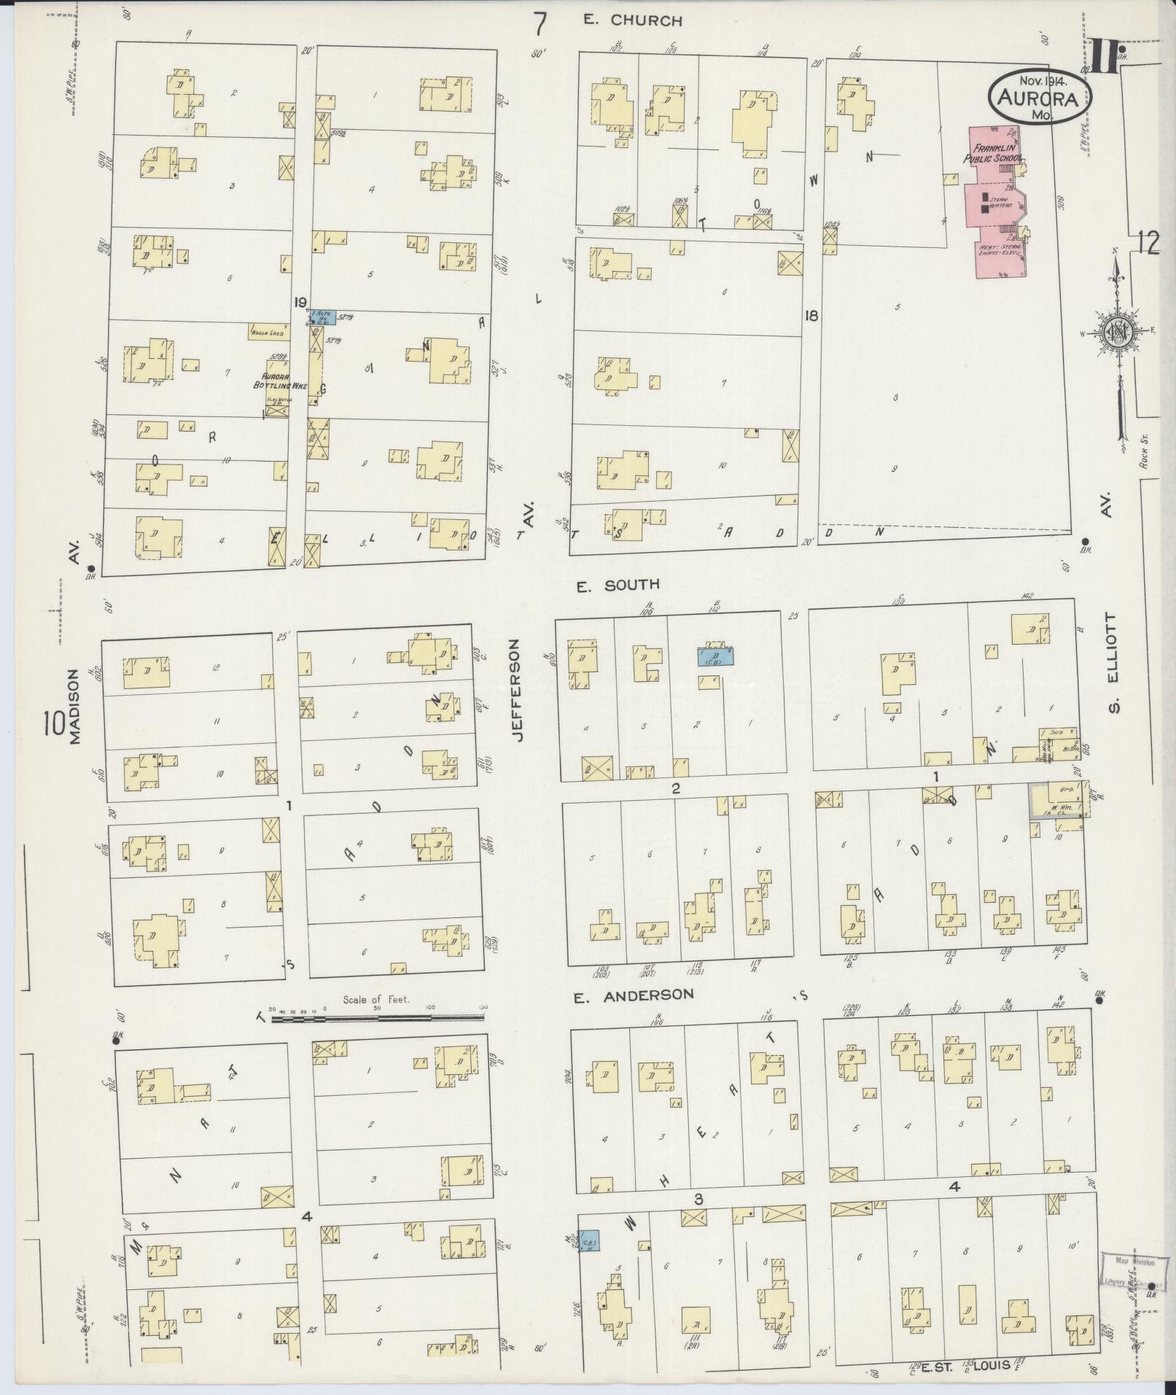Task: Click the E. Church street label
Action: (633, 21)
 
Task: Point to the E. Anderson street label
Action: (633, 995)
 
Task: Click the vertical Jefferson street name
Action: (518, 691)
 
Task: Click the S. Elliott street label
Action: (1112, 663)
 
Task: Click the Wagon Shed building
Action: (268, 332)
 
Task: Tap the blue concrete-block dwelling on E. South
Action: (714, 657)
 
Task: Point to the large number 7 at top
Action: (540, 24)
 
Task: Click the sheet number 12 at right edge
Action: (1147, 243)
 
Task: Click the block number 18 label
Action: (811, 316)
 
